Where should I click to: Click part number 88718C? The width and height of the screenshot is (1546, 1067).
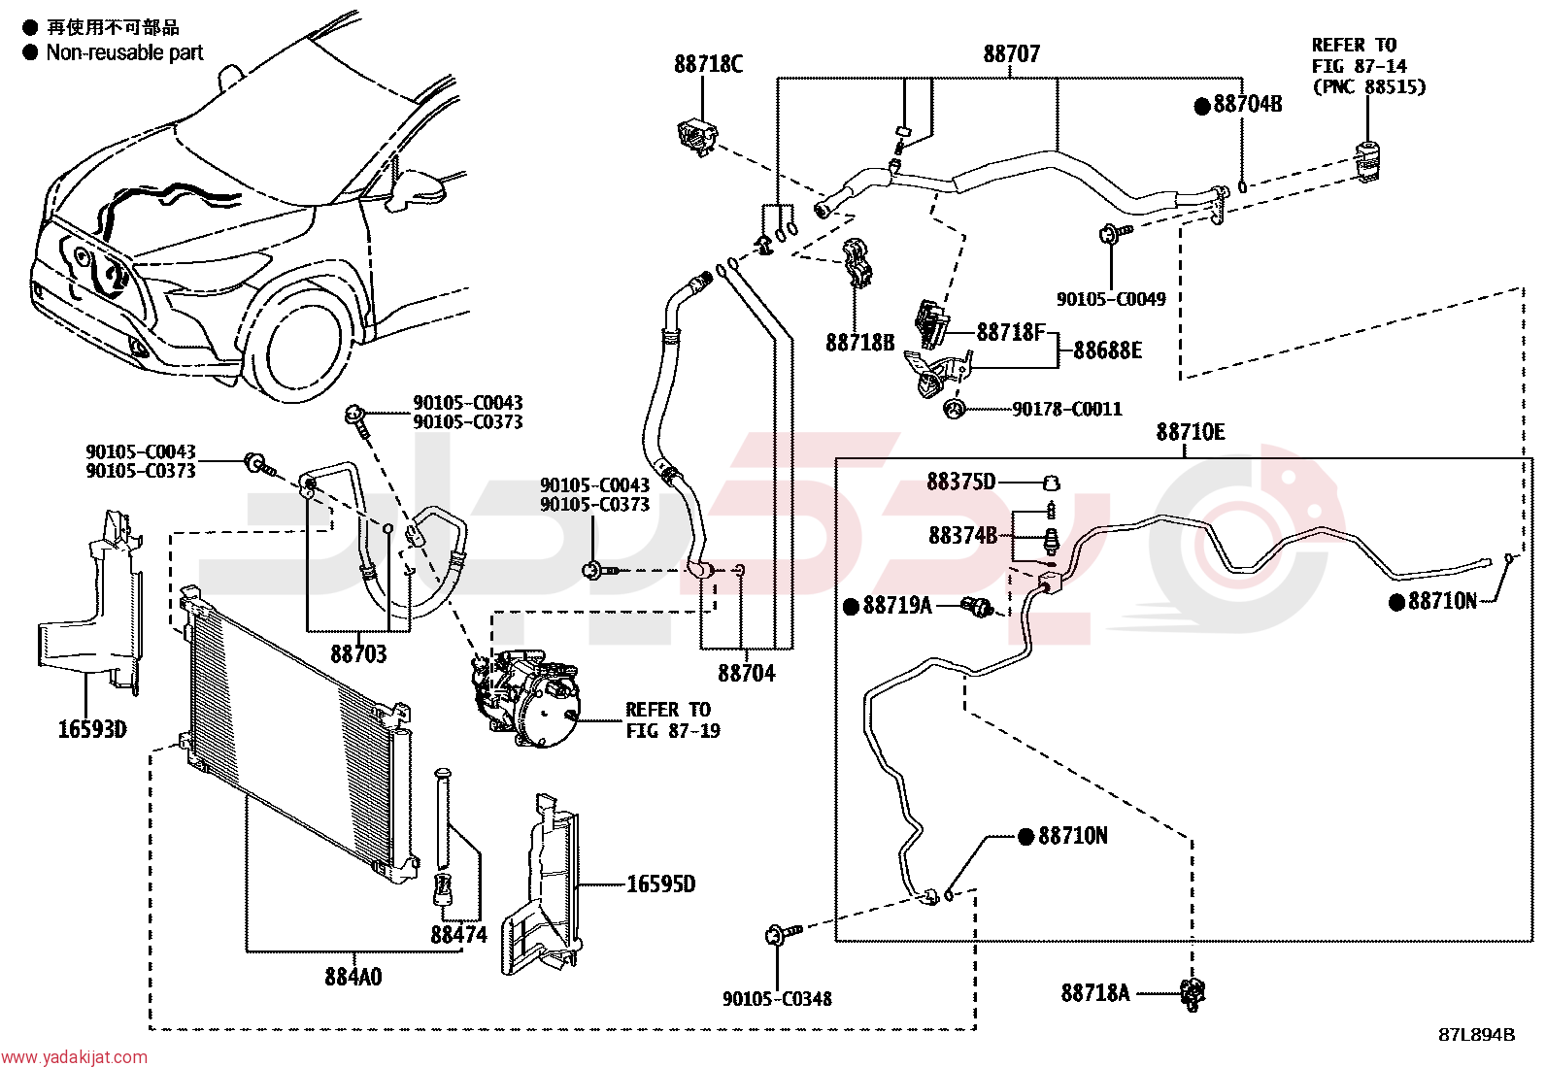(x=708, y=64)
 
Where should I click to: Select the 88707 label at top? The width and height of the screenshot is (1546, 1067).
(x=1011, y=53)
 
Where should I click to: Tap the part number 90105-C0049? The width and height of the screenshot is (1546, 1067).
(x=1111, y=299)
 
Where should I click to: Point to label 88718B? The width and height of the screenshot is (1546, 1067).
(x=860, y=343)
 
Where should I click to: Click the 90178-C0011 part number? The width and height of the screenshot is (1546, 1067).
(x=1067, y=410)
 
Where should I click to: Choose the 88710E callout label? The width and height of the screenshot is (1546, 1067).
(x=1191, y=432)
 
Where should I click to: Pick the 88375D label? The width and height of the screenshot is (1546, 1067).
(x=960, y=482)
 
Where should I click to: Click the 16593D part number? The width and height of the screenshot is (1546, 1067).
(x=92, y=729)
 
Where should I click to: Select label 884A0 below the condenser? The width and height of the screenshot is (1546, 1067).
(x=353, y=977)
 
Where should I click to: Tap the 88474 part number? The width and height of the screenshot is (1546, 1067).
(x=459, y=935)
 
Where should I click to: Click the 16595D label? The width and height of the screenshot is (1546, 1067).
(x=660, y=884)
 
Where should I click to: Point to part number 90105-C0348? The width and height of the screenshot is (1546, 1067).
(x=777, y=999)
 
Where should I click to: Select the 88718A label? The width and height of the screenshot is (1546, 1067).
(x=1095, y=993)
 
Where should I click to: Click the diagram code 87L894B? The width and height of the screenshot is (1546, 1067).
(x=1476, y=1035)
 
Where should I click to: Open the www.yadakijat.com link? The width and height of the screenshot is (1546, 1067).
(x=74, y=1057)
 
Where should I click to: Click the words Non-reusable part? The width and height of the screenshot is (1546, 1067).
(x=124, y=52)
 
